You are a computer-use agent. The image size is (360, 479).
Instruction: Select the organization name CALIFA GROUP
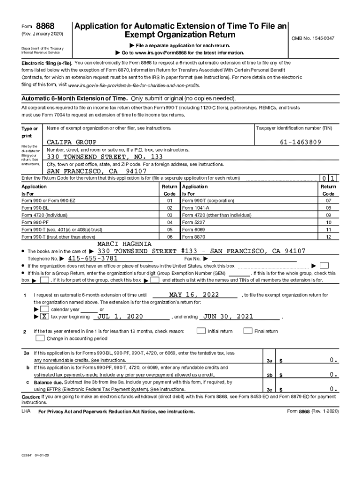(72, 142)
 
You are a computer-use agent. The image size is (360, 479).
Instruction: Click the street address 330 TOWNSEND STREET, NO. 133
(105, 157)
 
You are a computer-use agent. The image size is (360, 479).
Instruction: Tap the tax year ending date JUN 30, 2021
(228, 317)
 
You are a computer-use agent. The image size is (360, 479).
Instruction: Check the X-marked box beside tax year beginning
(44, 317)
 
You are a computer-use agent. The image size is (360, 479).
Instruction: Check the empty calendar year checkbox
(44, 309)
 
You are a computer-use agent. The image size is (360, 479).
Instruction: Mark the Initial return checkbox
(201, 331)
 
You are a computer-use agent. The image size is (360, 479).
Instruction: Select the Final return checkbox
(247, 331)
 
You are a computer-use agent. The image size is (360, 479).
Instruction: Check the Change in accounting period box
(40, 338)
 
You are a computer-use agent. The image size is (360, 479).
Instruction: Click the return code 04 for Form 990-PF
(169, 222)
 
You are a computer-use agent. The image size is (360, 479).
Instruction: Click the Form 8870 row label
(192, 237)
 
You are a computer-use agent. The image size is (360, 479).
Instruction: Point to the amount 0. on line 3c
(333, 389)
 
